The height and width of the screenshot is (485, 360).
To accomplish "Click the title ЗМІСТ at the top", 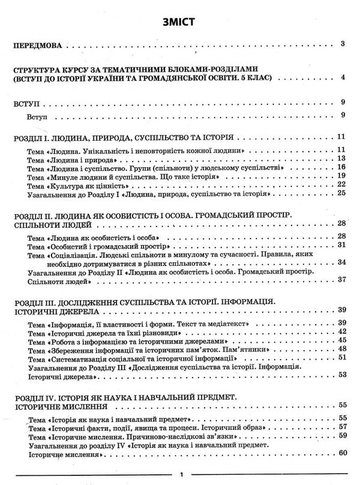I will (180, 22).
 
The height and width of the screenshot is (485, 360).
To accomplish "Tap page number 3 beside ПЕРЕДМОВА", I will (341, 44).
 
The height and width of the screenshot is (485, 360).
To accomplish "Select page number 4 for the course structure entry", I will (341, 78).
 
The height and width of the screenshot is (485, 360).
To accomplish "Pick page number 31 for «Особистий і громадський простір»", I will (340, 246).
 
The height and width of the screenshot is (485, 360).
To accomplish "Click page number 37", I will (340, 280).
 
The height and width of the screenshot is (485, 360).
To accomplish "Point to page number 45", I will (340, 340).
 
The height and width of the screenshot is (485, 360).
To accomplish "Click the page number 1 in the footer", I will (181, 474).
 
